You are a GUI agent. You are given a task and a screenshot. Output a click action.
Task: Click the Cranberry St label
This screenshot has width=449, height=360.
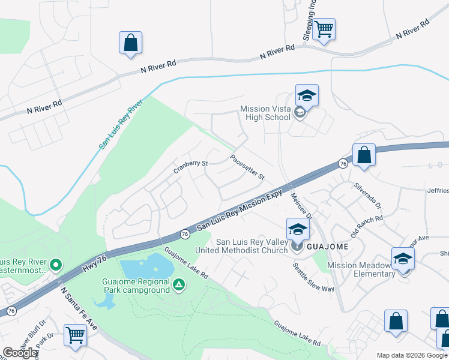point(191,163)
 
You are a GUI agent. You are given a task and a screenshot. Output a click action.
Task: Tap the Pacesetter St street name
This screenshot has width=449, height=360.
point(247,167)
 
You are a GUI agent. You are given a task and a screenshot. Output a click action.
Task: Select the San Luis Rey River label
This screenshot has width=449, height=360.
point(121,124)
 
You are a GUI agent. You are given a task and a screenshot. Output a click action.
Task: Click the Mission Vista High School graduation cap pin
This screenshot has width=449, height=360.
point(307,95)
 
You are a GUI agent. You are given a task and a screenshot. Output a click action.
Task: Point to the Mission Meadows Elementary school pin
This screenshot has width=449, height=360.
point(403,258)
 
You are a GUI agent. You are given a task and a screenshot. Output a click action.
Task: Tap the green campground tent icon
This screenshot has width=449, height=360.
point(178,284)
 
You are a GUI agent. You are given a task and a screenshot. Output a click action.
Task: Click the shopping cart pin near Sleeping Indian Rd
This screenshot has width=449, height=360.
point(324,29)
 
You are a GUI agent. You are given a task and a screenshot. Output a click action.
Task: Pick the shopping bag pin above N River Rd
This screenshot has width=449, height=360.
point(130,43)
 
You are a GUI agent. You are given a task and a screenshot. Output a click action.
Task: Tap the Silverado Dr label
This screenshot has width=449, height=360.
point(367,197)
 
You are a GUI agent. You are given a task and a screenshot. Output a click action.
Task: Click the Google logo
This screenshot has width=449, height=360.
point(20,353)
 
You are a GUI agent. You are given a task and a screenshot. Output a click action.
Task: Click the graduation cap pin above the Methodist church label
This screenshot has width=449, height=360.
point(298,229)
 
